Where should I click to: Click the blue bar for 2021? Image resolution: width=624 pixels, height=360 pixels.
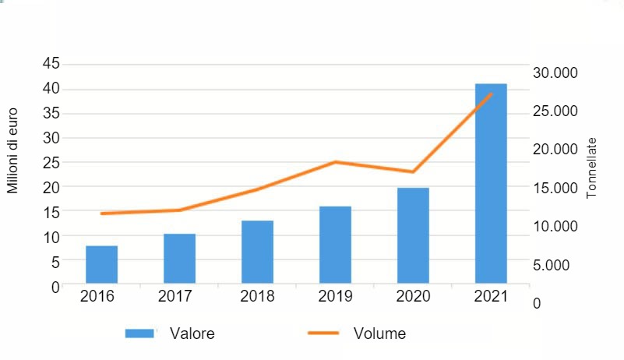tap(491, 183)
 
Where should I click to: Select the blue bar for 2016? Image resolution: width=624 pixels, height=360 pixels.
tap(101, 264)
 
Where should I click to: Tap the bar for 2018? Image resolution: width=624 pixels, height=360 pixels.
tap(257, 252)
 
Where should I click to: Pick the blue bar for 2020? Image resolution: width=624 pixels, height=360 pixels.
tap(413, 235)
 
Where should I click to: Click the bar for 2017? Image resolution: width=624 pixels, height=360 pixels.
tap(179, 258)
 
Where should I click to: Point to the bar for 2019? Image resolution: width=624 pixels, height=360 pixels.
tap(335, 245)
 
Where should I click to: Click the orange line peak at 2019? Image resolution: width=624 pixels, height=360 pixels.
tap(335, 162)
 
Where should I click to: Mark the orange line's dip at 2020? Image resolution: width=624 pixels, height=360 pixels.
tap(413, 171)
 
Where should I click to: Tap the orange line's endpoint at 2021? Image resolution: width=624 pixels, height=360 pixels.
tap(491, 94)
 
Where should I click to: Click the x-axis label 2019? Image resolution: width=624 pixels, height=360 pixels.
tap(335, 297)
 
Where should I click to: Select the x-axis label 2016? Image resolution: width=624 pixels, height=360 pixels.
tap(97, 297)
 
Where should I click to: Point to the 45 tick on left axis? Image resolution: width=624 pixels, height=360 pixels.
tap(50, 64)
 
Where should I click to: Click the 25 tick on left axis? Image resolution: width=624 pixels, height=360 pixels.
tap(50, 162)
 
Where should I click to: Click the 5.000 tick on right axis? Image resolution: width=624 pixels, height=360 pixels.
tap(558, 264)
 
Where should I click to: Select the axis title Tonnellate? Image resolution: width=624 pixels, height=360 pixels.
tap(591, 168)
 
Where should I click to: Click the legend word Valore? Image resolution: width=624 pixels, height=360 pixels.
tap(193, 334)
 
